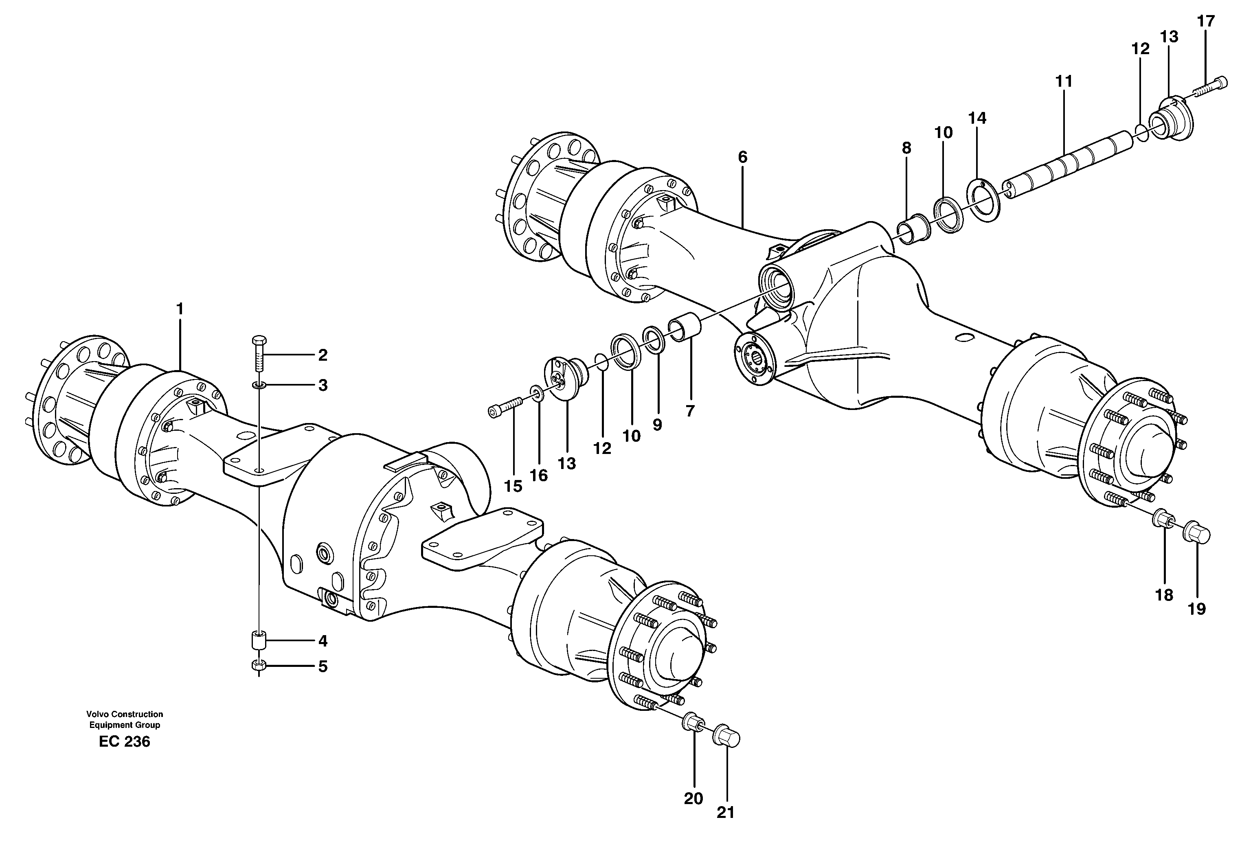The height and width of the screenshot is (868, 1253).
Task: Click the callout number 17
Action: (x=1206, y=21)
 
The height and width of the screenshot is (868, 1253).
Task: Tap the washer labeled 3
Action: (x=259, y=385)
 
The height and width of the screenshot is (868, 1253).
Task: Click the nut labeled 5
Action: (x=259, y=665)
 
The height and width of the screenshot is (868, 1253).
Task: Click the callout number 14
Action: (x=977, y=118)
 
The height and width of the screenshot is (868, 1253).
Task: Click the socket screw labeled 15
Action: (x=505, y=406)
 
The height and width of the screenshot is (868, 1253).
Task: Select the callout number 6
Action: (x=742, y=157)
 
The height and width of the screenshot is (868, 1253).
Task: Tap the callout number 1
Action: (x=180, y=309)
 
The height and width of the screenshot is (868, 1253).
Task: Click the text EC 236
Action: (x=125, y=742)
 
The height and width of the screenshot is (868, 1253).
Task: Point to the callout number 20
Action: (x=693, y=798)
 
